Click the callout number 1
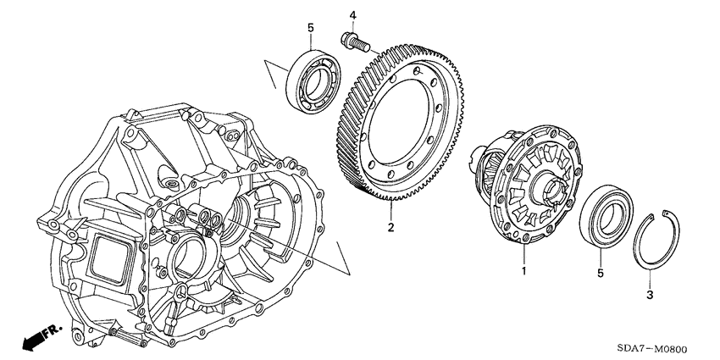point(523,272)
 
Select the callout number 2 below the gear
point(390,227)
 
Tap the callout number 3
point(651,295)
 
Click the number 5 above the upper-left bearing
point(311,28)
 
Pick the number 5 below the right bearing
point(600,273)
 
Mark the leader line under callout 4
point(353,25)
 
